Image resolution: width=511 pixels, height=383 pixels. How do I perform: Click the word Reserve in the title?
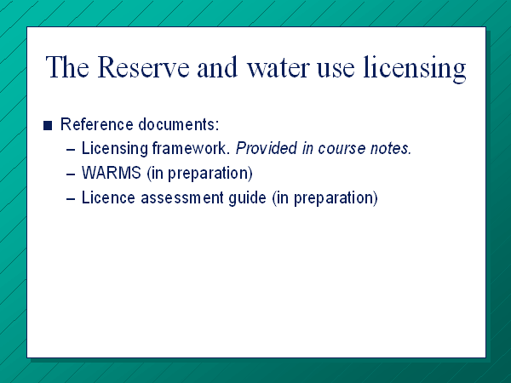point(143,67)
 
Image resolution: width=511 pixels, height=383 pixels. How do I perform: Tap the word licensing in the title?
point(415,69)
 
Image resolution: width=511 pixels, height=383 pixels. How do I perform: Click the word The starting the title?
point(67,67)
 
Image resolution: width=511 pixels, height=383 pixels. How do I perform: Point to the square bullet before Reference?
point(48,125)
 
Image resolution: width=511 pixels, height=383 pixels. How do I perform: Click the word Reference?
point(97,124)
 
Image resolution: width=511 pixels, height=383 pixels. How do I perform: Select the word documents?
point(179,124)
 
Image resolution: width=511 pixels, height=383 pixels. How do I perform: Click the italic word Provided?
point(267,148)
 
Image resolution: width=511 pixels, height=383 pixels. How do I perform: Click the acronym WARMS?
point(112,173)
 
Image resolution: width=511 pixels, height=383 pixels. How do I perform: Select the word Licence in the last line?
point(108,197)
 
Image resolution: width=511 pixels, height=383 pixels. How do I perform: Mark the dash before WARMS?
point(71,174)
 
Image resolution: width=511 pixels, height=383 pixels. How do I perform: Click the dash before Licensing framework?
point(71,150)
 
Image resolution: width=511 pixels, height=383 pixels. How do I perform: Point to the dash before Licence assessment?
point(71,199)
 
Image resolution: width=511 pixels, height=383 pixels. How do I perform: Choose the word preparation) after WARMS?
point(210,174)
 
